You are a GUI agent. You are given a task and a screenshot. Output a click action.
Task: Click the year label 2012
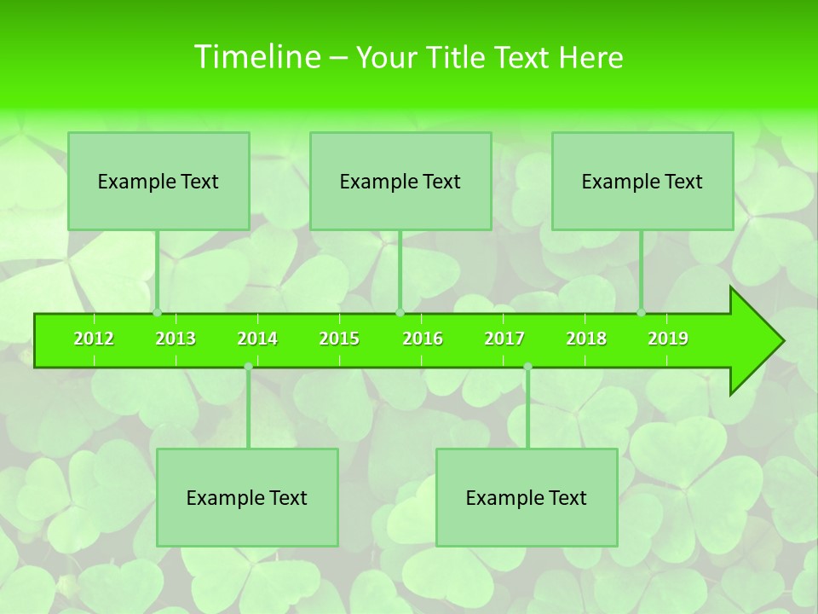[x=94, y=339]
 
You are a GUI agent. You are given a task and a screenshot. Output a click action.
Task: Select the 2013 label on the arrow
[x=176, y=339]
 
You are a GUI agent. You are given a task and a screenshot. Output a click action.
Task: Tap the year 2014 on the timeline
[x=257, y=339]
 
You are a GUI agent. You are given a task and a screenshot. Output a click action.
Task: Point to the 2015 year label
[x=339, y=339]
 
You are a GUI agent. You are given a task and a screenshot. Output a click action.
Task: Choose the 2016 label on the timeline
[x=423, y=339]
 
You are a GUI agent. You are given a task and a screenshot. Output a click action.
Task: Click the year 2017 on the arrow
[x=504, y=339]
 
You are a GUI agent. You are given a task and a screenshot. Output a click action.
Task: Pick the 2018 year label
[x=586, y=339]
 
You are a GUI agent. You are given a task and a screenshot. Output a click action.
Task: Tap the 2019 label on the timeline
[x=668, y=339]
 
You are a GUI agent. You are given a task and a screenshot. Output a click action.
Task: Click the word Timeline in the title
[x=256, y=57]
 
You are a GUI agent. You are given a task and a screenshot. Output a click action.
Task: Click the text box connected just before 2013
[x=158, y=181]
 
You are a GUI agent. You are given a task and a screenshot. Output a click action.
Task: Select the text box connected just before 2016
[x=400, y=181]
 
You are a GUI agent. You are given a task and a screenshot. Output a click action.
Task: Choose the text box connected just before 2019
[x=642, y=181]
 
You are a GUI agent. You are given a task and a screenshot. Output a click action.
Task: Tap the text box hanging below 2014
[x=247, y=497]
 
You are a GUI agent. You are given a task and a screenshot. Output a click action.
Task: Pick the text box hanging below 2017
[x=527, y=497]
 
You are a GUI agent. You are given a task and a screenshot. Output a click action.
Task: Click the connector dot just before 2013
[x=158, y=313]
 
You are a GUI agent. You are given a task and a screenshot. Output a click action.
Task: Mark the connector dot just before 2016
[x=400, y=313]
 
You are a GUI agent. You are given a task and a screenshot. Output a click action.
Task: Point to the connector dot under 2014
[x=248, y=367]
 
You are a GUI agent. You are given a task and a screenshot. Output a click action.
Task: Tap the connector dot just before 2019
[x=642, y=313]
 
